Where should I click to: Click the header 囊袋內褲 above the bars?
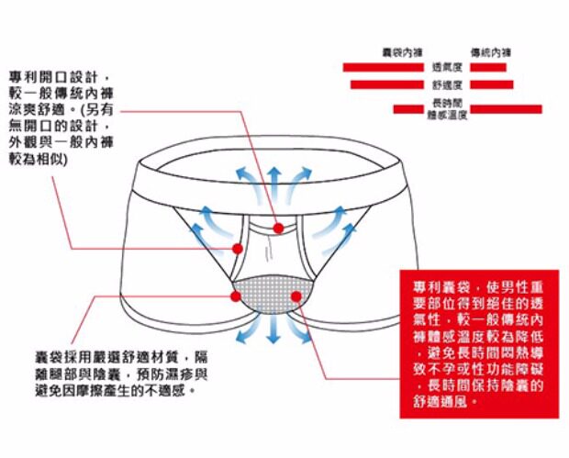click(401, 53)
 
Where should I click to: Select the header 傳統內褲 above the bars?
click(490, 53)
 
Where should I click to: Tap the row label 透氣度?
click(446, 67)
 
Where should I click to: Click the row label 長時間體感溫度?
click(447, 108)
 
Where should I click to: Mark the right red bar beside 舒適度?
click(491, 84)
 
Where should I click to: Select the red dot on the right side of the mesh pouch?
click(298, 296)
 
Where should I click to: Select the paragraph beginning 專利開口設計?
click(59, 115)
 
